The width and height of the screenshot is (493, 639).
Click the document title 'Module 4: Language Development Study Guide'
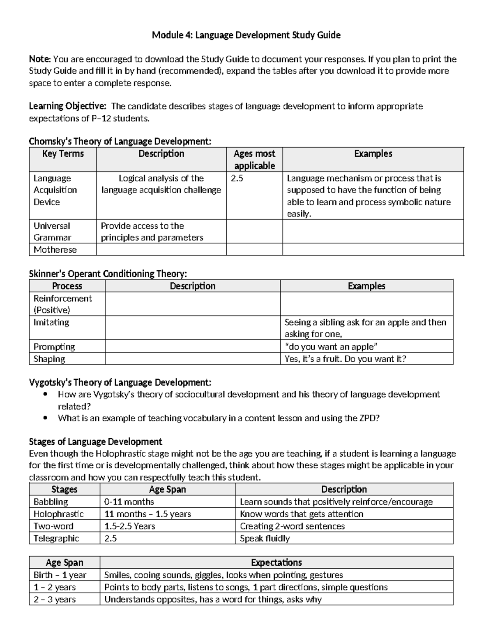246,35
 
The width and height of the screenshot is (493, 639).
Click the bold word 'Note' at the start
39,59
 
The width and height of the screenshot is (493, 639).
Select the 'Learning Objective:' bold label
68,106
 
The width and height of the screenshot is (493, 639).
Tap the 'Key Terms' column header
63,154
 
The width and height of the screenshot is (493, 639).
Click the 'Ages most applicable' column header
254,160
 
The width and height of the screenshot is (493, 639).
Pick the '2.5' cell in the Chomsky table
237,178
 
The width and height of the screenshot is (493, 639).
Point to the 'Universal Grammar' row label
52,231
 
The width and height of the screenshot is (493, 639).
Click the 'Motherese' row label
55,250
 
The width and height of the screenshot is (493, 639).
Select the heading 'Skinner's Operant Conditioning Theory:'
108,274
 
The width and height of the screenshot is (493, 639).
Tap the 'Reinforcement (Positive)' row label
62,304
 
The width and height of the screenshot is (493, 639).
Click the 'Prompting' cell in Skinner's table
54,346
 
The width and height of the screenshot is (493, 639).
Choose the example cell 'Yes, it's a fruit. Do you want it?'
345,359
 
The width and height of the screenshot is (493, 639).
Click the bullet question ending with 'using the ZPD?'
219,418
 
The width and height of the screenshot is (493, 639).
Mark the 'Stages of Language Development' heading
95,441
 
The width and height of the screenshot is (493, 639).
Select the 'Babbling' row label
51,502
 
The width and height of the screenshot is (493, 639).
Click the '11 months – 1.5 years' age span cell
147,514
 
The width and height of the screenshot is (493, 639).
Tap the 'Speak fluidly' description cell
265,538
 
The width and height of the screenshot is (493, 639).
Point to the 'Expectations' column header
276,562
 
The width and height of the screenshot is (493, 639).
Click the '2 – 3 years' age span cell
55,599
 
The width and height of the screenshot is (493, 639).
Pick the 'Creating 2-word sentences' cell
292,526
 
